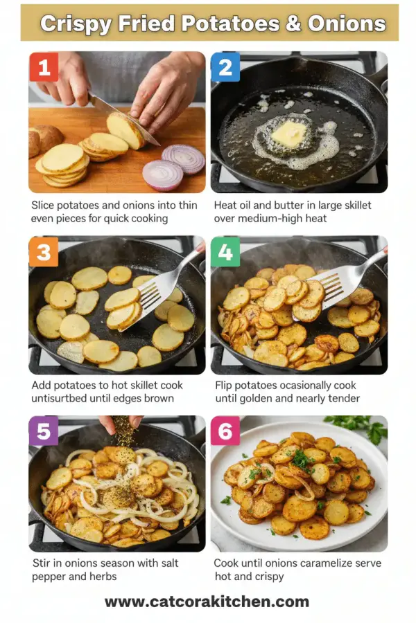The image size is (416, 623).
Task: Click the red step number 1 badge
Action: (x=44, y=68)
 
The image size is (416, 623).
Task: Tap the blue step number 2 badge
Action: (x=225, y=68)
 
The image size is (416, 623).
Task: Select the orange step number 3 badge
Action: (x=44, y=252)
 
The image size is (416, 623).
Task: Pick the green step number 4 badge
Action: (x=225, y=252)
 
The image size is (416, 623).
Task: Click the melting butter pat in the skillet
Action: (x=287, y=134)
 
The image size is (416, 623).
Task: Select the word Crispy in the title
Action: (x=76, y=24)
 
